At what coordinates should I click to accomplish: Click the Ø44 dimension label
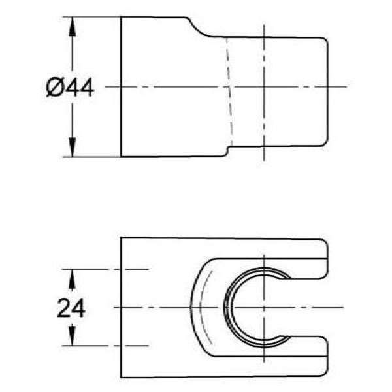(70, 87)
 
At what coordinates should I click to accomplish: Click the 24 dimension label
(71, 308)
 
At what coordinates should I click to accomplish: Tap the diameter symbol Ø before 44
(54, 87)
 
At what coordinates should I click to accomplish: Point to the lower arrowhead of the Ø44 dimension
(72, 148)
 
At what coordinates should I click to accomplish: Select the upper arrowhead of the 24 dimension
(72, 280)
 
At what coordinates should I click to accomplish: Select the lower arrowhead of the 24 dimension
(72, 335)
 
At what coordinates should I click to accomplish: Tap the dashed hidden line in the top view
(229, 91)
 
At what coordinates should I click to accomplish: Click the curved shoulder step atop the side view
(199, 28)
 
